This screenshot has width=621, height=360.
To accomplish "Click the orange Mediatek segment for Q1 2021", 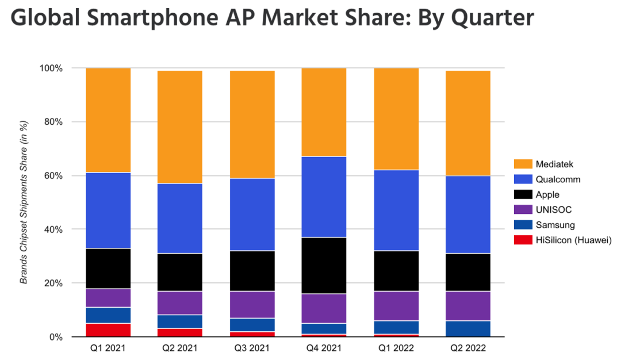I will (x=109, y=120).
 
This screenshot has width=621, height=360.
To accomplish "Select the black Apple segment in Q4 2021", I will (x=324, y=265).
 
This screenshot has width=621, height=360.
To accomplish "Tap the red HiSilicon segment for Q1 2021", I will (x=109, y=330).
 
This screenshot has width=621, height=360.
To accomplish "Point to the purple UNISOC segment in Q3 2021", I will (x=252, y=305).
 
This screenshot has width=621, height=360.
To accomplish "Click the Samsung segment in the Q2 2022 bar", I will (x=468, y=328).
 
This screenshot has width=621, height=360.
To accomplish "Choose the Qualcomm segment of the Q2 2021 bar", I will (x=181, y=219).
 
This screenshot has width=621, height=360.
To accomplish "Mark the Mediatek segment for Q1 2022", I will (x=396, y=119).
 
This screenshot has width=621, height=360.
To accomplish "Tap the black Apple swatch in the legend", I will (x=522, y=194).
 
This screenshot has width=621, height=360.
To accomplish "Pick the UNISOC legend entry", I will (x=546, y=210).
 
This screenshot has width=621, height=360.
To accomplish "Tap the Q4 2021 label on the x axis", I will (x=324, y=348).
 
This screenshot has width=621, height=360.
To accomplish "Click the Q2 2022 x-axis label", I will (x=468, y=348).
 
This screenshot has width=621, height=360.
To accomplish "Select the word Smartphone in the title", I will (x=143, y=20).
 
